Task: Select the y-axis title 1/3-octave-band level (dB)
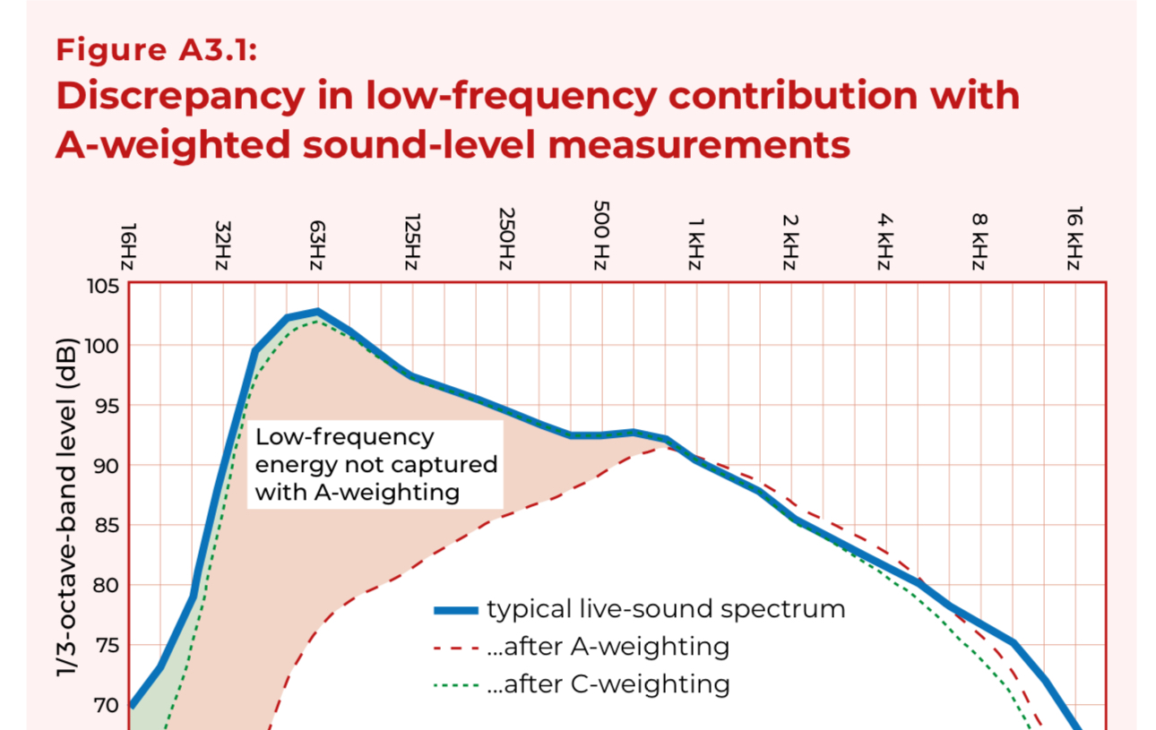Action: [67, 507]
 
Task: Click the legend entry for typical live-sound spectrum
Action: [666, 610]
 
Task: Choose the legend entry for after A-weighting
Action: [608, 647]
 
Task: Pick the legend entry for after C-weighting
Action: [608, 685]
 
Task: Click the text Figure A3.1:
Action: [157, 50]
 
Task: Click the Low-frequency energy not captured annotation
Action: [375, 465]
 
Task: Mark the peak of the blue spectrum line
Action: [317, 312]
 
